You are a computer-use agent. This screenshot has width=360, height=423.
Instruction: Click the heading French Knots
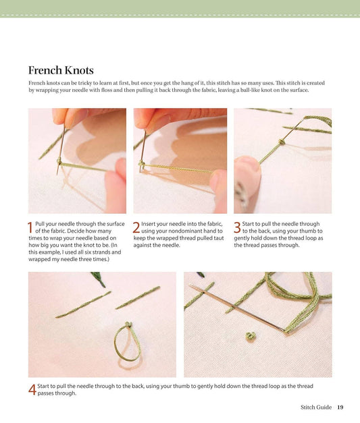pyautogui.click(x=61, y=70)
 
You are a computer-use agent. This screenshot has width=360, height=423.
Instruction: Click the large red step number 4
pyautogui.click(x=32, y=389)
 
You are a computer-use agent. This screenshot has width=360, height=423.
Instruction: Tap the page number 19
pyautogui.click(x=340, y=407)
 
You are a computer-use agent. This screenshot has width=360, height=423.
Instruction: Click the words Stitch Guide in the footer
pyautogui.click(x=316, y=407)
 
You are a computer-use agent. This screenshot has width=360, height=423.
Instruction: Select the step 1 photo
pyautogui.click(x=77, y=161)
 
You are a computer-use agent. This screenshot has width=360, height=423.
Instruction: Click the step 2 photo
pyautogui.click(x=180, y=161)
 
